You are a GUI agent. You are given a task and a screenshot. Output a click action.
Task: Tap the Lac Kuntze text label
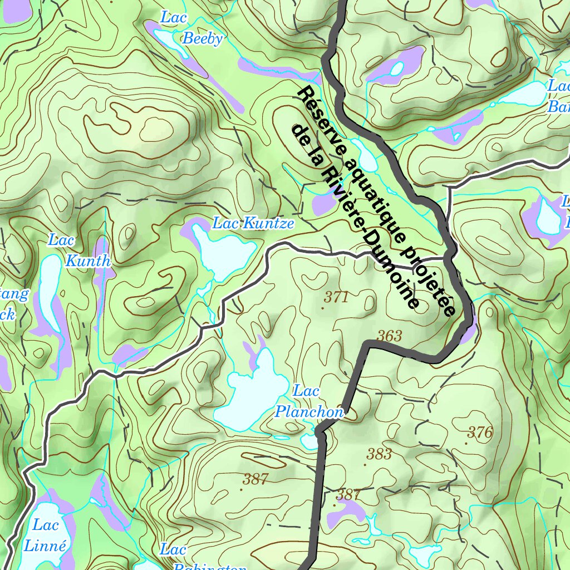253,224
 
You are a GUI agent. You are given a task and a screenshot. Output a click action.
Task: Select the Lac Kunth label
78,250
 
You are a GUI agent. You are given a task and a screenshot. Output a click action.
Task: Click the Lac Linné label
45,535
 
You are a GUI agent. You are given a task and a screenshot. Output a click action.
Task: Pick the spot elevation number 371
336,298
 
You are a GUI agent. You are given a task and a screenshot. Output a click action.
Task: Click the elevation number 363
389,336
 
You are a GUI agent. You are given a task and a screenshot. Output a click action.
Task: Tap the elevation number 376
480,433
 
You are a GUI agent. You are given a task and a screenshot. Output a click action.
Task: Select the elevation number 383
379,454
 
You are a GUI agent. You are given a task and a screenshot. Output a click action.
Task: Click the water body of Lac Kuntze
223,253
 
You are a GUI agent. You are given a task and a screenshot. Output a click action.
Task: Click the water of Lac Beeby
167,40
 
